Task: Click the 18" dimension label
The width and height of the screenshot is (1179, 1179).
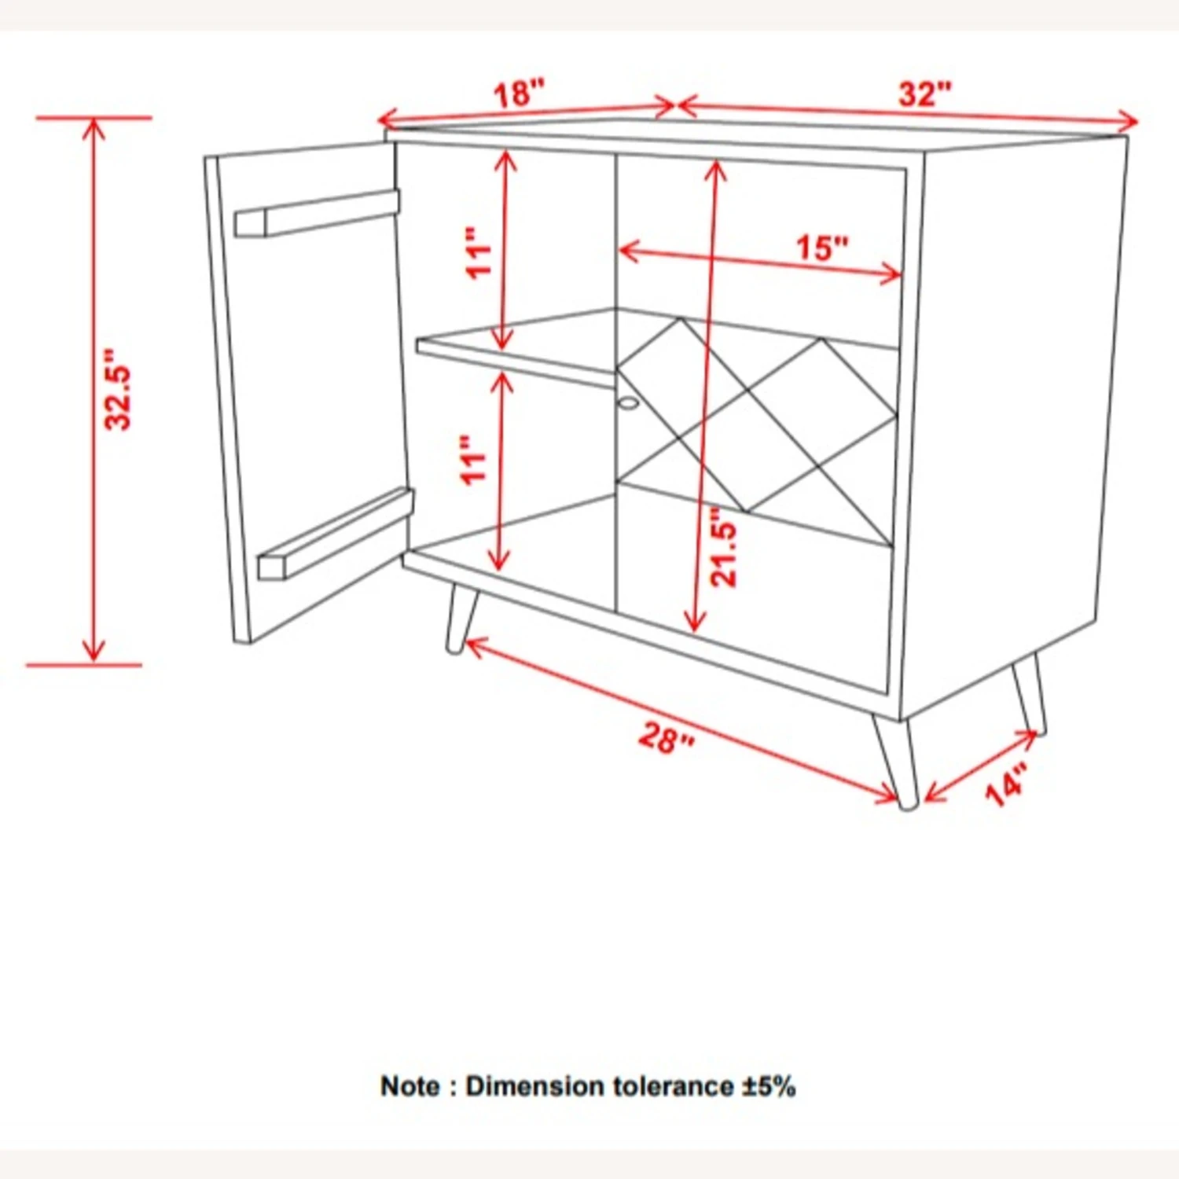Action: (x=519, y=93)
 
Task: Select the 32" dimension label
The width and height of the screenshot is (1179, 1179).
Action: (x=925, y=94)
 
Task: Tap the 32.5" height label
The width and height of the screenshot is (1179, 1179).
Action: (x=119, y=389)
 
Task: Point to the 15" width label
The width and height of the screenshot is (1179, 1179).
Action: (x=823, y=248)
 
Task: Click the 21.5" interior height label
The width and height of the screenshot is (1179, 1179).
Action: (x=724, y=547)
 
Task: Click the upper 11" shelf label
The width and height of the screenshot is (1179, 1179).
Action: (x=479, y=253)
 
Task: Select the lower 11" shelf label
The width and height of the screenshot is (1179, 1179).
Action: (x=476, y=460)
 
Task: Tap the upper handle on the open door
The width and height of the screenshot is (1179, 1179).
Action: (x=317, y=212)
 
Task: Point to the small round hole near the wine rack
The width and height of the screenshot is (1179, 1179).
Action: (x=628, y=403)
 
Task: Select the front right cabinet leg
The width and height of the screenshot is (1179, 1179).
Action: (x=895, y=762)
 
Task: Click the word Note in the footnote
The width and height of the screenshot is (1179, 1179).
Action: (x=410, y=1086)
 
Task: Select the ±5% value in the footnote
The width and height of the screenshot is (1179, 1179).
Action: (x=769, y=1086)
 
